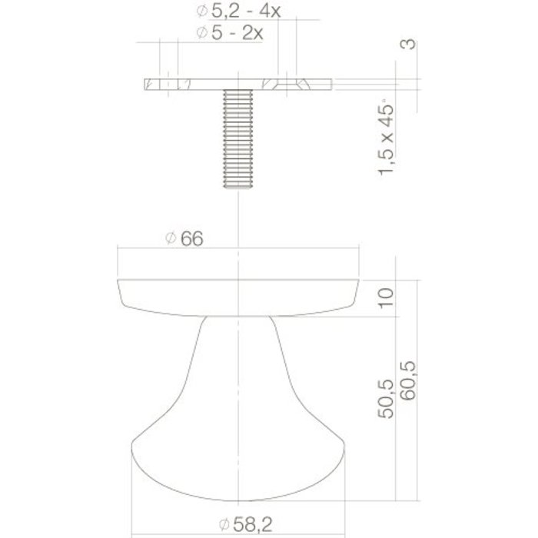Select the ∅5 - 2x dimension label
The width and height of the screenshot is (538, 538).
(229, 32)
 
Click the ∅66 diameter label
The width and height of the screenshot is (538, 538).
(184, 238)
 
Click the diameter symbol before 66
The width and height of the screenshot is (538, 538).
(170, 239)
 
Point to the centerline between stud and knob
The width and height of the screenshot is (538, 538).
(241, 223)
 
